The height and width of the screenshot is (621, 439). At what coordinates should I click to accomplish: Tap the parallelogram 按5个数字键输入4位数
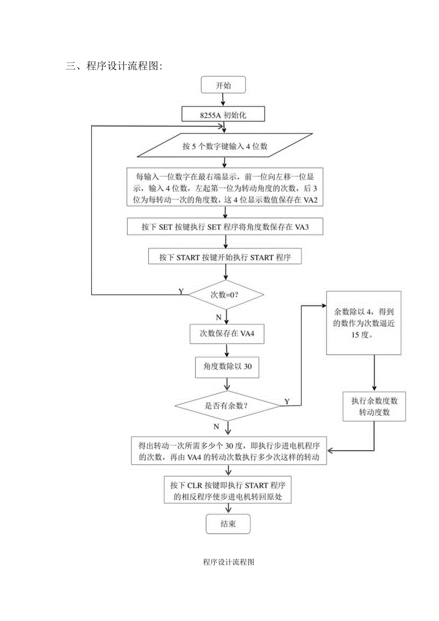coord(225,147)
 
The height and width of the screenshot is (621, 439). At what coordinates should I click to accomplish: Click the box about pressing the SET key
coord(226,227)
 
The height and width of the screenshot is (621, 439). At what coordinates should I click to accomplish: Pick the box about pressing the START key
coord(225,257)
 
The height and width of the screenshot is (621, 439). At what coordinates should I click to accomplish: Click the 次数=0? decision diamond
coord(225,295)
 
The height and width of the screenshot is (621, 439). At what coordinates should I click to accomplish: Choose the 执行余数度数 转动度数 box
coord(374,407)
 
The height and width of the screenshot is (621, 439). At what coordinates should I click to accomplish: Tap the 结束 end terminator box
coord(228,524)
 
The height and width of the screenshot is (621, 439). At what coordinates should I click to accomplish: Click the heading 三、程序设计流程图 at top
coord(114,66)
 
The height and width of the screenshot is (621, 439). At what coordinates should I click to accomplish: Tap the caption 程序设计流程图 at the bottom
coord(228,562)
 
